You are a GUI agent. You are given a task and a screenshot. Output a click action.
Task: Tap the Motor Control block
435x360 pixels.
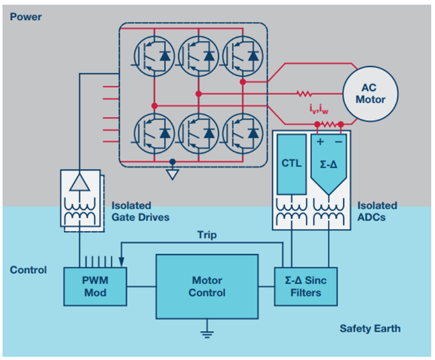207,286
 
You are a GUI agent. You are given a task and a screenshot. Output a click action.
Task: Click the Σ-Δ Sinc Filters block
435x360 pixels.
305,286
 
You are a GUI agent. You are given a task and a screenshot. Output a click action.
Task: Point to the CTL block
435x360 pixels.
291,164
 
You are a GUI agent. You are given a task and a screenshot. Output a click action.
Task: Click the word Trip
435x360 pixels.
207,235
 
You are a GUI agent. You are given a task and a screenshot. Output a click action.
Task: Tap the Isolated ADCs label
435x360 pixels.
377,211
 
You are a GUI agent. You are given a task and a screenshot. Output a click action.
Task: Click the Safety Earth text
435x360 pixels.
370,328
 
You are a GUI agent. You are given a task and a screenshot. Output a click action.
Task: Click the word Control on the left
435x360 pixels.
28,270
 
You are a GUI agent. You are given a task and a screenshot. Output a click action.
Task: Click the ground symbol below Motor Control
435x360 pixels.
207,330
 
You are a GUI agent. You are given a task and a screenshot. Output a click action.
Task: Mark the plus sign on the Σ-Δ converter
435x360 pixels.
320,142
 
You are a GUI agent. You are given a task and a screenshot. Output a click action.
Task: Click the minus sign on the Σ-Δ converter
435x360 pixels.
340,142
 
